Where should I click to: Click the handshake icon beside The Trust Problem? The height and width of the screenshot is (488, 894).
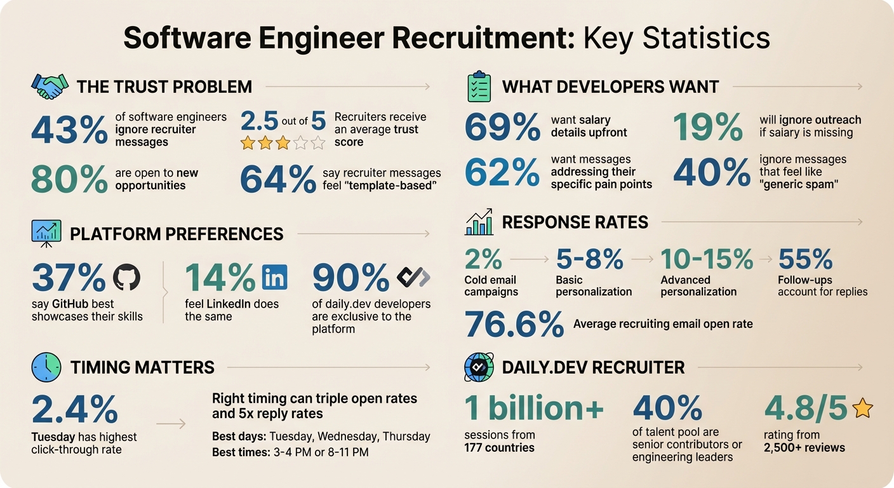coord(50,86)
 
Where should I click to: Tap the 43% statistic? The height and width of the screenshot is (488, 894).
coord(69,130)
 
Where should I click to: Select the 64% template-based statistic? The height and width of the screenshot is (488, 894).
coord(277,180)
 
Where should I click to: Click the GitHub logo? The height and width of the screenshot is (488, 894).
coord(126,278)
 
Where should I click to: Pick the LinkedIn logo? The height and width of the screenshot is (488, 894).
coord(274,278)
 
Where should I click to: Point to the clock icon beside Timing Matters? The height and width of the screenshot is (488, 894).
coord(46,367)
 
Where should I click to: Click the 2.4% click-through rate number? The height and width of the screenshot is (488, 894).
coord(74,409)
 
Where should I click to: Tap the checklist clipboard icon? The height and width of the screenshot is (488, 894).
coord(479,86)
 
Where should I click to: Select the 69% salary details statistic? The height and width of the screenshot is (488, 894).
coord(502,126)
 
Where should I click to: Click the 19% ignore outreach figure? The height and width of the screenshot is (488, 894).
coord(707,126)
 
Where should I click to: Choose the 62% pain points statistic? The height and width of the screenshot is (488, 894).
coord(502,172)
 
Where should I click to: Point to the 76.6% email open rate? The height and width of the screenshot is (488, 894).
coord(514,323)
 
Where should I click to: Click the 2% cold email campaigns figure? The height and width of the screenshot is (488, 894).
coord(483,259)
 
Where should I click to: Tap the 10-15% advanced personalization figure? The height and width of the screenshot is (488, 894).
coord(707,259)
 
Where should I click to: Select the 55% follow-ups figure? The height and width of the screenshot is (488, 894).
coord(805,259)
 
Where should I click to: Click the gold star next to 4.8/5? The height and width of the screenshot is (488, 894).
coord(862,409)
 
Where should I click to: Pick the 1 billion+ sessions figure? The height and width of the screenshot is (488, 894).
coord(534,409)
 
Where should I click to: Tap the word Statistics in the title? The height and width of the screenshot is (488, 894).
coord(706,37)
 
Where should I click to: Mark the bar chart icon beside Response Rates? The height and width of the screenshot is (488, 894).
coord(479,222)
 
